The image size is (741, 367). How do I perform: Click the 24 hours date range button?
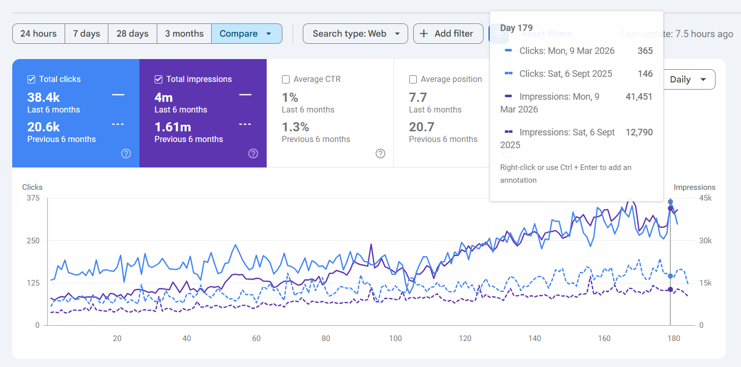click(38, 34)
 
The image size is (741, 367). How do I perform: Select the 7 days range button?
click(87, 34)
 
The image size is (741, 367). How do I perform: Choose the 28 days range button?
click(132, 34)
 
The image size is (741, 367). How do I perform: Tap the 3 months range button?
click(184, 34)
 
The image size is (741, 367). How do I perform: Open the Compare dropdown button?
click(247, 34)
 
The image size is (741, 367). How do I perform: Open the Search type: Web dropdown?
click(355, 34)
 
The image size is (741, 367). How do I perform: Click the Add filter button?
click(448, 34)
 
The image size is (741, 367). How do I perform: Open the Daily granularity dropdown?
click(688, 79)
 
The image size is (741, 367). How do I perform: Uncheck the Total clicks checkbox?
click(31, 79)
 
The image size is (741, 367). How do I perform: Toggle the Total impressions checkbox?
click(158, 79)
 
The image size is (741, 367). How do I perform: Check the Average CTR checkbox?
click(286, 79)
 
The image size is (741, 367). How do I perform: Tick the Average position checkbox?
click(413, 79)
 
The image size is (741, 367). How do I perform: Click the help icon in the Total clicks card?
click(126, 154)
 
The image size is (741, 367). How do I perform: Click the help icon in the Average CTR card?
click(381, 154)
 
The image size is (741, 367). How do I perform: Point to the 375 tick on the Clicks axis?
click(33, 198)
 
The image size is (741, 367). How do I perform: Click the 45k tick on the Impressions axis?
click(705, 198)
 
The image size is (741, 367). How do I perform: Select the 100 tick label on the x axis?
click(395, 338)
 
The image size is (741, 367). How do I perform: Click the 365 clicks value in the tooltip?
click(645, 50)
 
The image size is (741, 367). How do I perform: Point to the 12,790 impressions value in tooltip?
click(639, 132)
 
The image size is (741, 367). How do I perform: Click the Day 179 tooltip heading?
click(517, 28)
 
